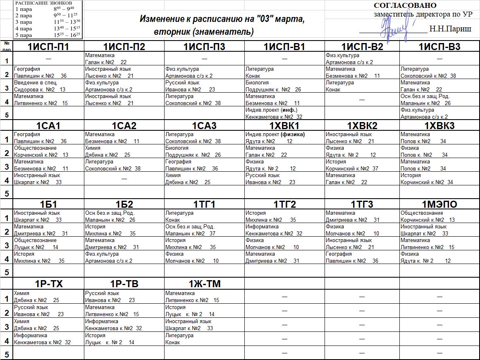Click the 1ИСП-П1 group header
coord(48,47)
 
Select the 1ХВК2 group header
coord(362,126)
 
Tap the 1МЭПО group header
coord(439,204)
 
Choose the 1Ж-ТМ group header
coord(204,283)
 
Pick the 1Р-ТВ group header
coord(124,283)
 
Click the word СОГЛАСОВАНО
coord(405,5)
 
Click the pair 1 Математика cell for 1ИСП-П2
coord(124,58)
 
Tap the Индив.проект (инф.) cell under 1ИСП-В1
coord(284,113)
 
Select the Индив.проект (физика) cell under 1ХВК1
coord(284,138)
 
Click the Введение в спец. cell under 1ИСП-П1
coord(48,86)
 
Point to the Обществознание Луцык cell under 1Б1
coord(48,244)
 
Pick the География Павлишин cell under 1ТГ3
coord(362,257)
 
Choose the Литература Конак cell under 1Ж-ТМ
coord(204,339)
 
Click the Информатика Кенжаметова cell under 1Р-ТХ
coord(48,339)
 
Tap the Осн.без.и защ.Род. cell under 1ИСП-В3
coord(439,100)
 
